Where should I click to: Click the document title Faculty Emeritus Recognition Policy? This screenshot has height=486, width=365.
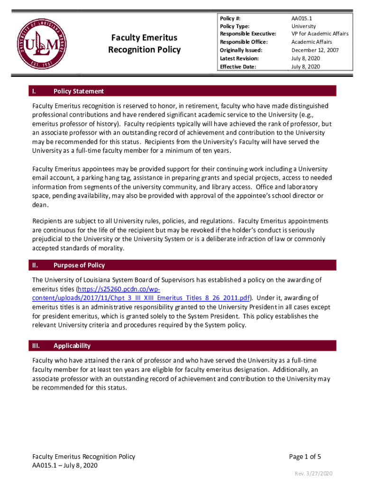click(x=144, y=44)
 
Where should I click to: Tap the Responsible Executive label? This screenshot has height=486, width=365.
click(x=248, y=34)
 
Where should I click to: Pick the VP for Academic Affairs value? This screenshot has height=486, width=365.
click(x=319, y=34)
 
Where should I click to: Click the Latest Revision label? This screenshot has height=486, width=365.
click(x=239, y=58)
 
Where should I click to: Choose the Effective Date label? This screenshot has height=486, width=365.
click(x=237, y=66)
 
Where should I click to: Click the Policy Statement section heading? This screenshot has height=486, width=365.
click(x=79, y=91)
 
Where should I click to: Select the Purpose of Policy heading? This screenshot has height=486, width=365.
click(x=79, y=265)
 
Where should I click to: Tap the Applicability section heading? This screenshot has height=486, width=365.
click(x=72, y=346)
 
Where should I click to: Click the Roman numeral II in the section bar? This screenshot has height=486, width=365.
click(x=35, y=265)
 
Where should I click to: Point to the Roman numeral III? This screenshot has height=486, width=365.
click(x=36, y=346)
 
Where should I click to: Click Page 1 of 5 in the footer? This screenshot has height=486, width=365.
click(x=305, y=457)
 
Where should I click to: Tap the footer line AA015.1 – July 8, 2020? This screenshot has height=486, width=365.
click(x=65, y=466)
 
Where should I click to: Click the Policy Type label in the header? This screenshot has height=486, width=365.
click(x=235, y=26)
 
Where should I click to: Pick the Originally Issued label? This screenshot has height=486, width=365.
click(x=241, y=50)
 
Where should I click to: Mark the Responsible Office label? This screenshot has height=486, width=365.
click(x=244, y=42)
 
